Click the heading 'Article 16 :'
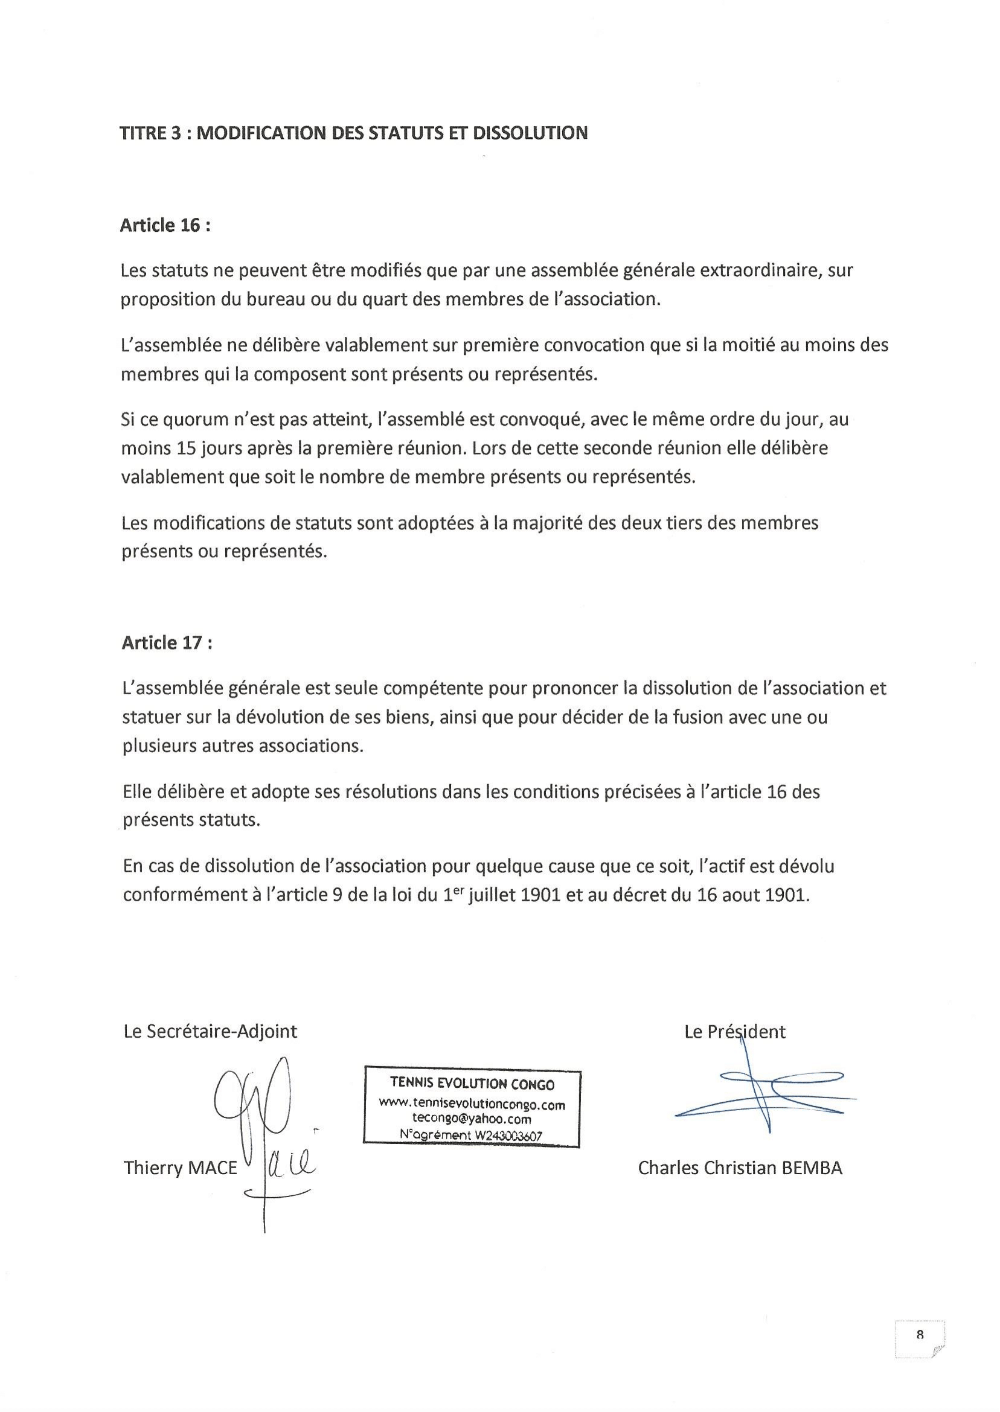pyautogui.click(x=165, y=226)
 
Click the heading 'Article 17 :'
pyautogui.click(x=167, y=643)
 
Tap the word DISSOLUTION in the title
pyautogui.click(x=530, y=133)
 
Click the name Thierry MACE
pyautogui.click(x=180, y=1168)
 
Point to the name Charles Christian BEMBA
pyautogui.click(x=740, y=1168)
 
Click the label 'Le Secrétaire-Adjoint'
pyautogui.click(x=210, y=1032)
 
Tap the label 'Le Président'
pyautogui.click(x=735, y=1032)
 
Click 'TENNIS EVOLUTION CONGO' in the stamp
pyautogui.click(x=472, y=1085)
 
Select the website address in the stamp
pyautogui.click(x=472, y=1105)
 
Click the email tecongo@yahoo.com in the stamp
pyautogui.click(x=472, y=1120)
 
